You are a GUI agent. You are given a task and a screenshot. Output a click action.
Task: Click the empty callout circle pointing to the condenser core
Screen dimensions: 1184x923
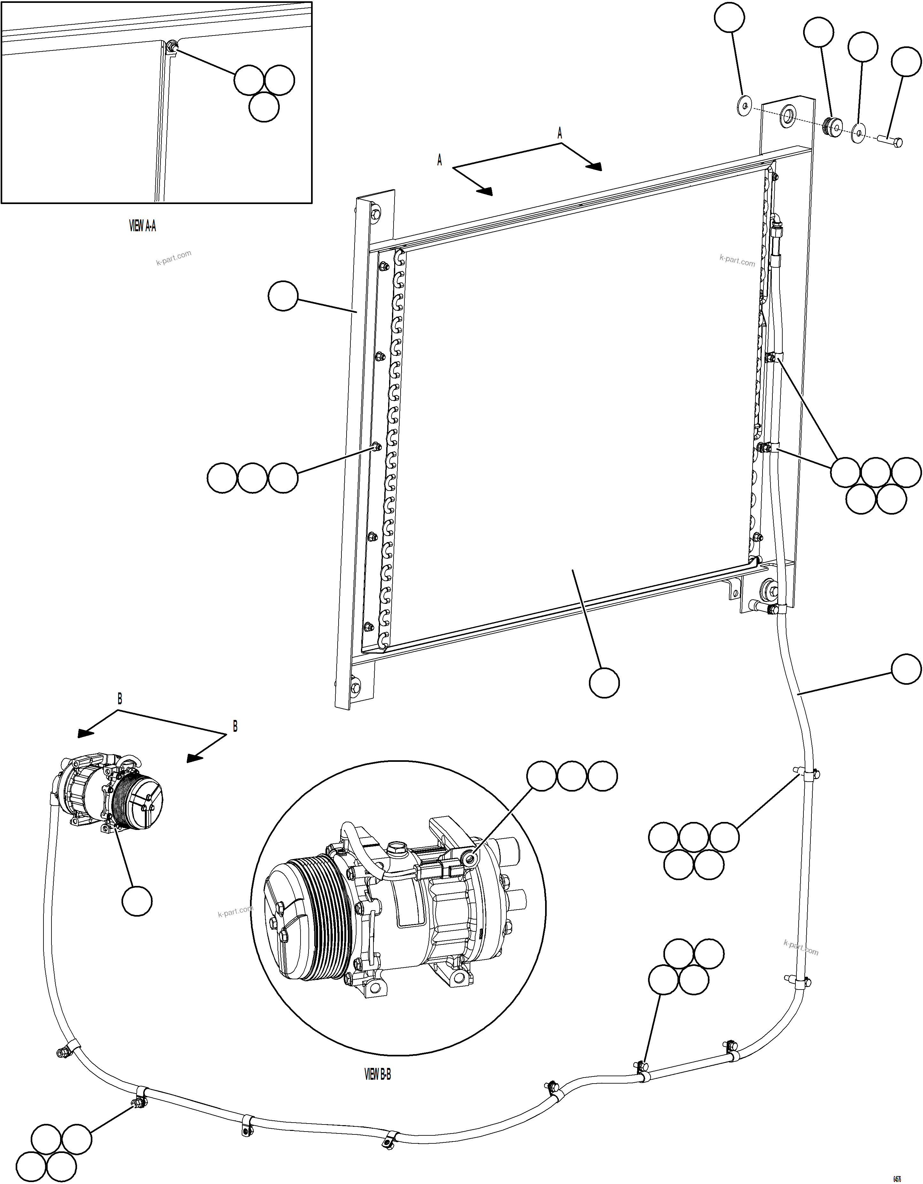[604, 683]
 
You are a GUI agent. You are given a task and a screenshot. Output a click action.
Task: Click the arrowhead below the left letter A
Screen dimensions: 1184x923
[485, 191]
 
